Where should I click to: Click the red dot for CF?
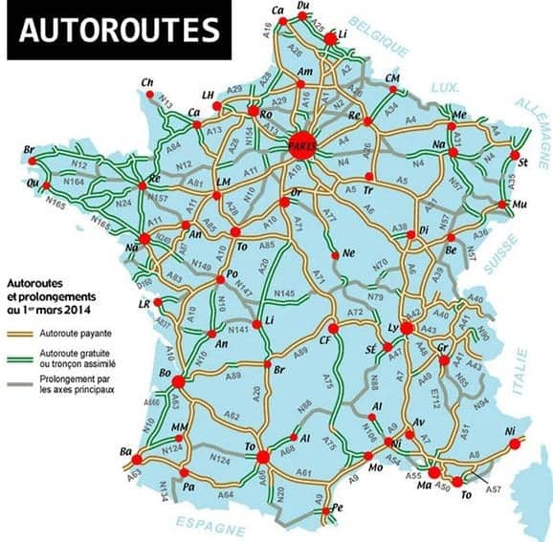(332, 328)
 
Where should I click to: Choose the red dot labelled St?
(514, 155)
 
